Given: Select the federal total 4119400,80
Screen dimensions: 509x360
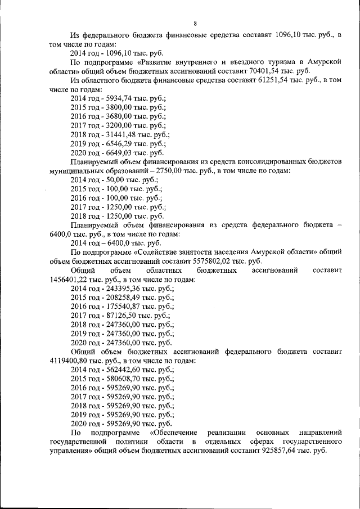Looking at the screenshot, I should [x=70, y=361].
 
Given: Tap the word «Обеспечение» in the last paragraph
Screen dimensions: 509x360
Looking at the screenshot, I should [x=174, y=432].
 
